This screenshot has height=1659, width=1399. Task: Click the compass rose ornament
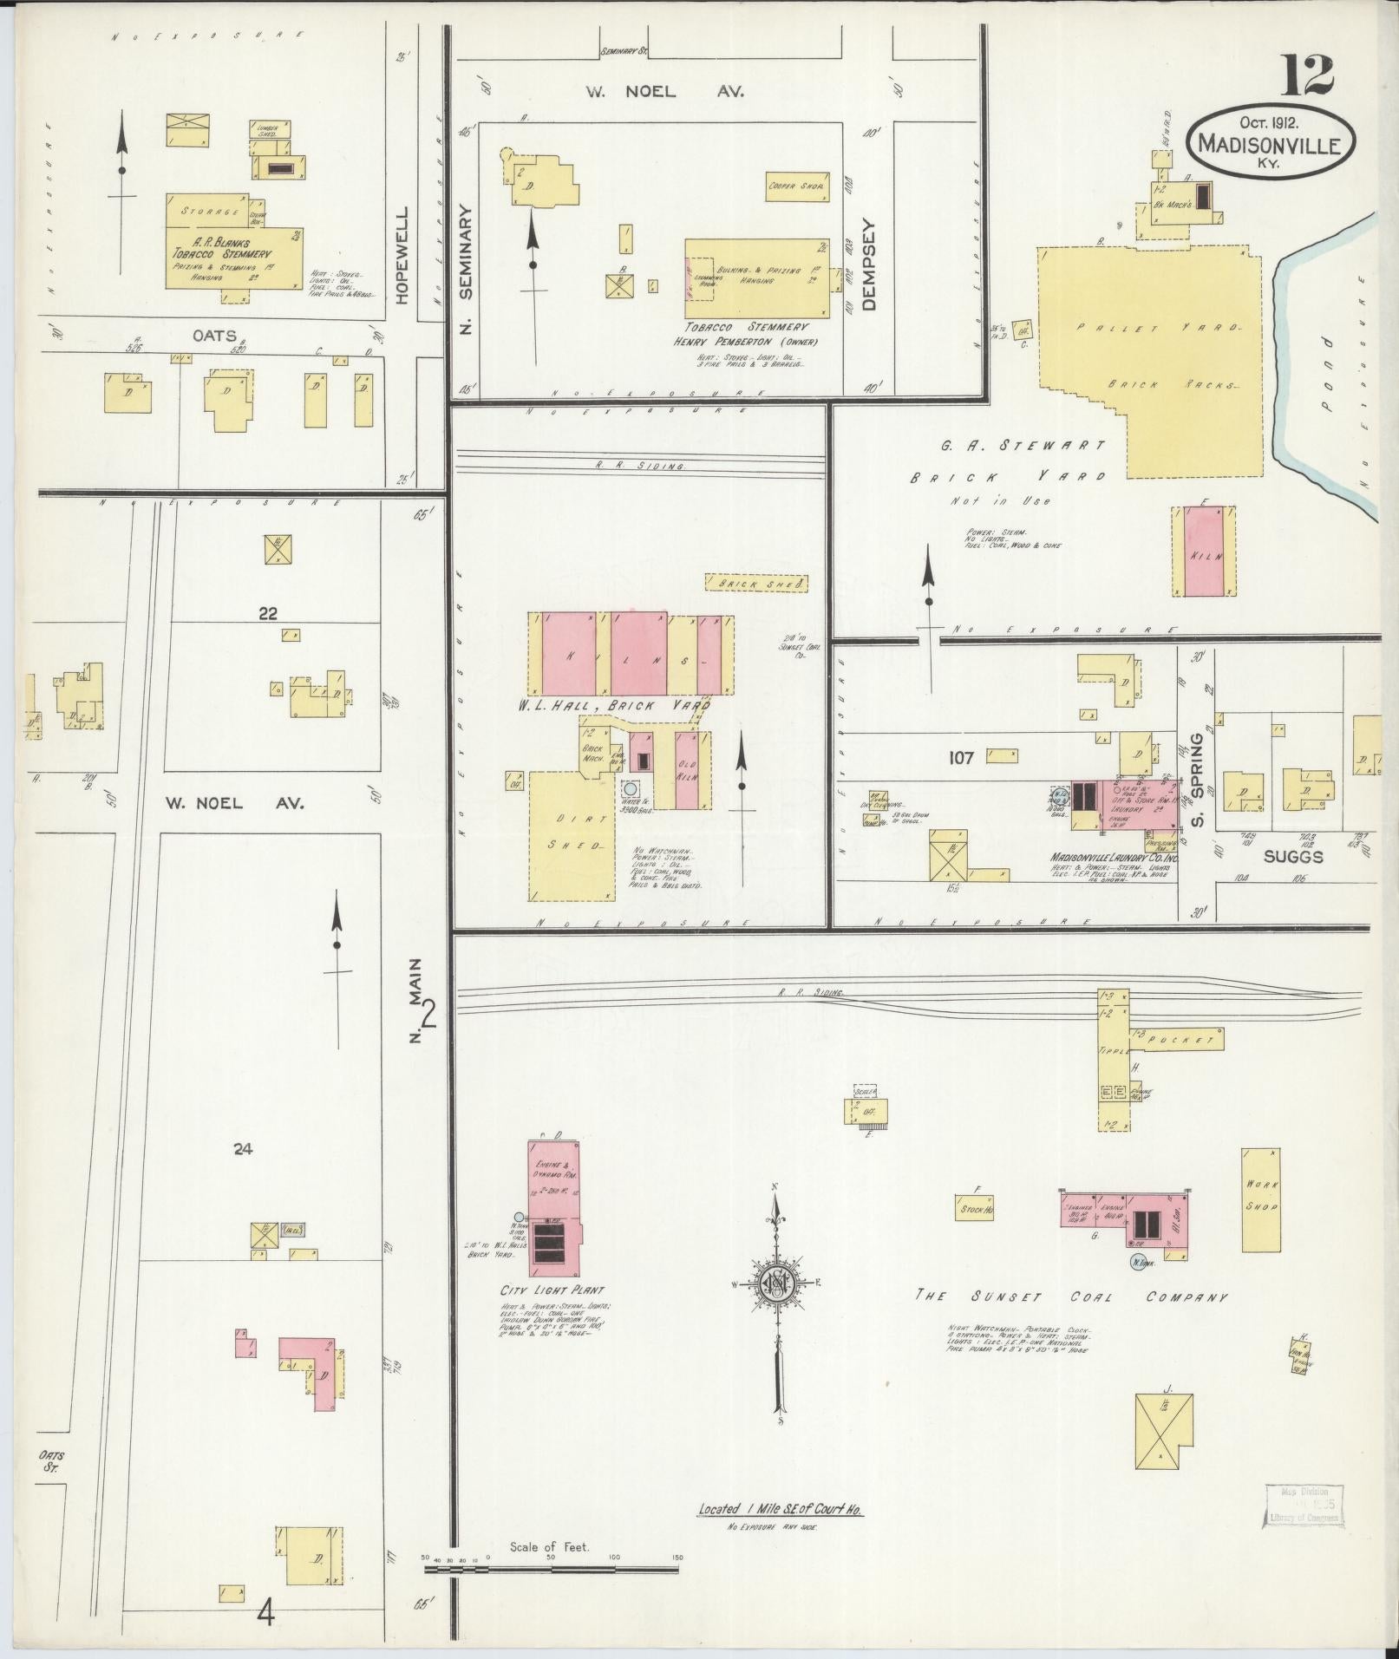tap(778, 1284)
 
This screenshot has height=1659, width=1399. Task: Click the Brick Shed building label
tap(755, 584)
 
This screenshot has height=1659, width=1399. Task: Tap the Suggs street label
tap(1292, 857)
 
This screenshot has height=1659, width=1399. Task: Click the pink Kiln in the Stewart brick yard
tap(1203, 551)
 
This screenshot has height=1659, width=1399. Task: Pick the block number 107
tap(961, 758)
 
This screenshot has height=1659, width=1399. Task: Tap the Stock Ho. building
tap(976, 1209)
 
